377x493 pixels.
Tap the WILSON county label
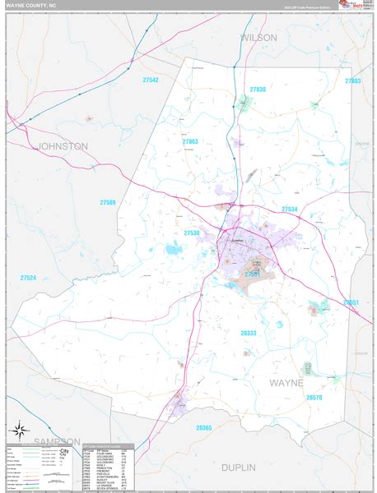[259, 38]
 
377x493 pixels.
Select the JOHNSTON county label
[63, 145]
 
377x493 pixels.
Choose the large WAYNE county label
[286, 383]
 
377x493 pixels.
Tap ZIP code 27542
[149, 80]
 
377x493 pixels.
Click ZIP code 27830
[258, 89]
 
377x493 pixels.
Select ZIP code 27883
[353, 81]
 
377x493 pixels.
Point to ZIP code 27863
[190, 141]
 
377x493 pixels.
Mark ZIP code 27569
[108, 202]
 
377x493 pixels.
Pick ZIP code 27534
[289, 210]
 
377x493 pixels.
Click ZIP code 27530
[192, 233]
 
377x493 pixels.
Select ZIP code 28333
[248, 333]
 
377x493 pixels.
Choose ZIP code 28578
[314, 398]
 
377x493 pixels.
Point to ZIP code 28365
[204, 428]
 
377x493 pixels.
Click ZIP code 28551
[351, 302]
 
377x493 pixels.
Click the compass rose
[19, 430]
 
